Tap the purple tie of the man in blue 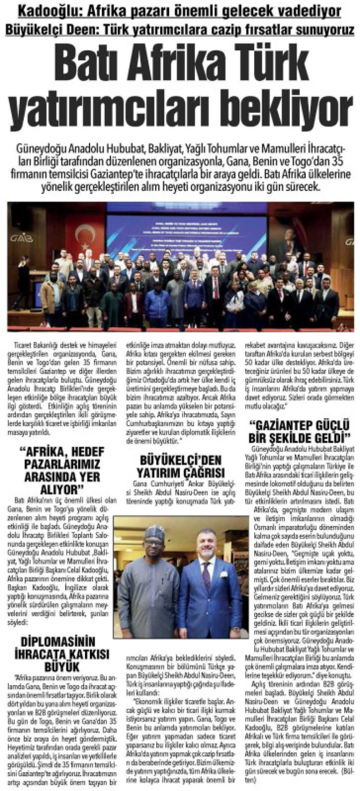(x=207, y=575)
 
